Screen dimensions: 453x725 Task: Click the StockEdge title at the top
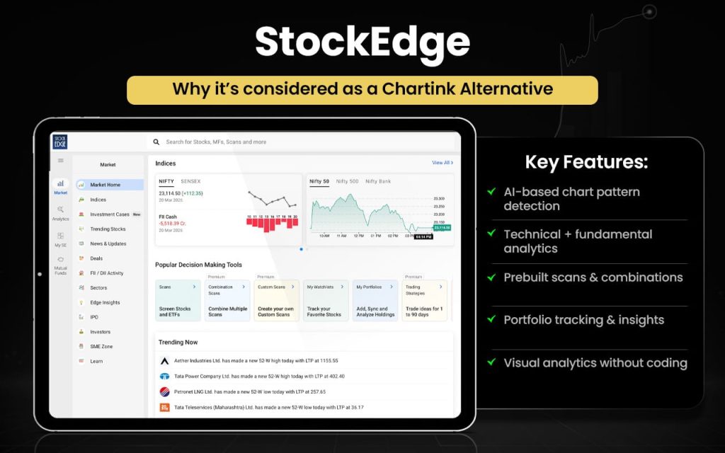coord(362,42)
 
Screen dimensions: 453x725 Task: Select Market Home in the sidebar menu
coord(105,185)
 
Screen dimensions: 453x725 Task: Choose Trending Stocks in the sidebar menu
coord(108,229)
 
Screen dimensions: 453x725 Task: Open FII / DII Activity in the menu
coord(106,273)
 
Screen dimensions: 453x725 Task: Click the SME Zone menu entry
coord(101,346)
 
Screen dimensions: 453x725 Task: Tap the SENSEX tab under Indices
coord(190,181)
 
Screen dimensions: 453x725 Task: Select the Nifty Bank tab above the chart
coord(378,181)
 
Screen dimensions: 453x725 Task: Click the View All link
coord(442,163)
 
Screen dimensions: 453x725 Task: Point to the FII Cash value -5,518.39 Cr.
coord(174,223)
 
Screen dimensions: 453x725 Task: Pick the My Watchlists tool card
coord(326,300)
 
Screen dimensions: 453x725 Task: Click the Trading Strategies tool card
coord(424,300)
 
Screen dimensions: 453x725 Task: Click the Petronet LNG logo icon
coord(164,391)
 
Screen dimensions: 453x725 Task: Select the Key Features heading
coord(586,162)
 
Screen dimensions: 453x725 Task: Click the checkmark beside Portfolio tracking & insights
coord(491,320)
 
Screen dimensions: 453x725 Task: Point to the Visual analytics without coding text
coord(595,363)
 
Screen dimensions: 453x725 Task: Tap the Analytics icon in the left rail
coord(61,213)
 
